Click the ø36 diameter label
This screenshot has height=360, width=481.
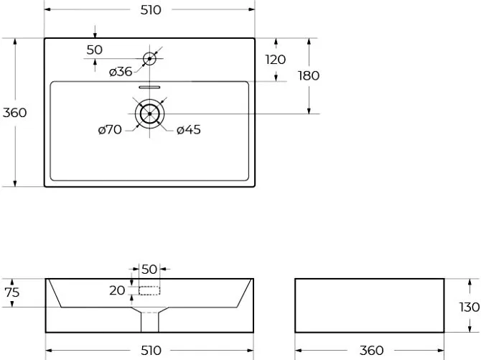tap(121, 72)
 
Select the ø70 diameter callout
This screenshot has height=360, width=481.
tap(110, 129)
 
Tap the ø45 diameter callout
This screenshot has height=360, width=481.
tap(189, 129)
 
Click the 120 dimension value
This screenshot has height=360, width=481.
tap(276, 60)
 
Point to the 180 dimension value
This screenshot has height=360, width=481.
tap(309, 75)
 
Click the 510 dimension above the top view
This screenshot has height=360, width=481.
tap(151, 10)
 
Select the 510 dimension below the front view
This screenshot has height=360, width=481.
tap(151, 350)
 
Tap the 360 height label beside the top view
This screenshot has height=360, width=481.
tap(15, 113)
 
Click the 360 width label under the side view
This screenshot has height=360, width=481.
tap(371, 350)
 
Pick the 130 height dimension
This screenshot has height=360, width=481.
tap(470, 307)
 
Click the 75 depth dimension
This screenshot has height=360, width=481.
tap(12, 292)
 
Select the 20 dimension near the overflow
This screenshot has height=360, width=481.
tap(117, 290)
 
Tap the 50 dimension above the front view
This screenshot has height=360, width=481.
tap(149, 269)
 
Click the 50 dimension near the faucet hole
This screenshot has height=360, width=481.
tap(94, 50)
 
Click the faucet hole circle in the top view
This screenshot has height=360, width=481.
tap(150, 52)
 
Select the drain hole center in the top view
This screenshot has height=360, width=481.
tap(150, 114)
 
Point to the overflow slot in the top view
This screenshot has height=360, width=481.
tap(149, 87)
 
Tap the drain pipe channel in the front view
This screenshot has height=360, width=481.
tap(150, 322)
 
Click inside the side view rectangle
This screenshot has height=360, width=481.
tap(370, 305)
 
